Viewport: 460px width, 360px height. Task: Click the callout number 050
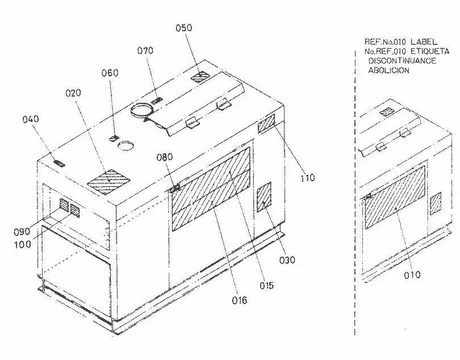pos(184,28)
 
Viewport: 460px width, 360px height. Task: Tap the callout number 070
pos(145,51)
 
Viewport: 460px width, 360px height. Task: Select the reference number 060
pos(110,73)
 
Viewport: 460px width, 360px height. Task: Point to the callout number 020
pos(73,93)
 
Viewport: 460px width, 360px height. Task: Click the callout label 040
pos(31,119)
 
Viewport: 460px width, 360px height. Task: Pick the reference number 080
pos(165,157)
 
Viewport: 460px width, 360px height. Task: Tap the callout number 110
pos(308,178)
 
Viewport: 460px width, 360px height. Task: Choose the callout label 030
pos(287,260)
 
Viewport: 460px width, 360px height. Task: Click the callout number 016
pos(240,300)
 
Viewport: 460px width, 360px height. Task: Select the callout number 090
pos(22,232)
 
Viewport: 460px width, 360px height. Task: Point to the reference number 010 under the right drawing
pos(412,275)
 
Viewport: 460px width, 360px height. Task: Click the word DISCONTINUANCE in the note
pos(402,61)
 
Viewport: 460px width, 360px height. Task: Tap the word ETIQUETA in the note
pos(430,51)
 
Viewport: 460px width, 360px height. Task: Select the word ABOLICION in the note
pos(388,70)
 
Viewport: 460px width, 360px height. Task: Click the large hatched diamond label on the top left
pos(109,182)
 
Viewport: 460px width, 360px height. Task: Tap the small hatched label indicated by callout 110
pos(266,123)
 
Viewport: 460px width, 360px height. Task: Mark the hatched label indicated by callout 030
pos(264,196)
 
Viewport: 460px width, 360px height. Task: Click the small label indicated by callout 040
pos(59,163)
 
